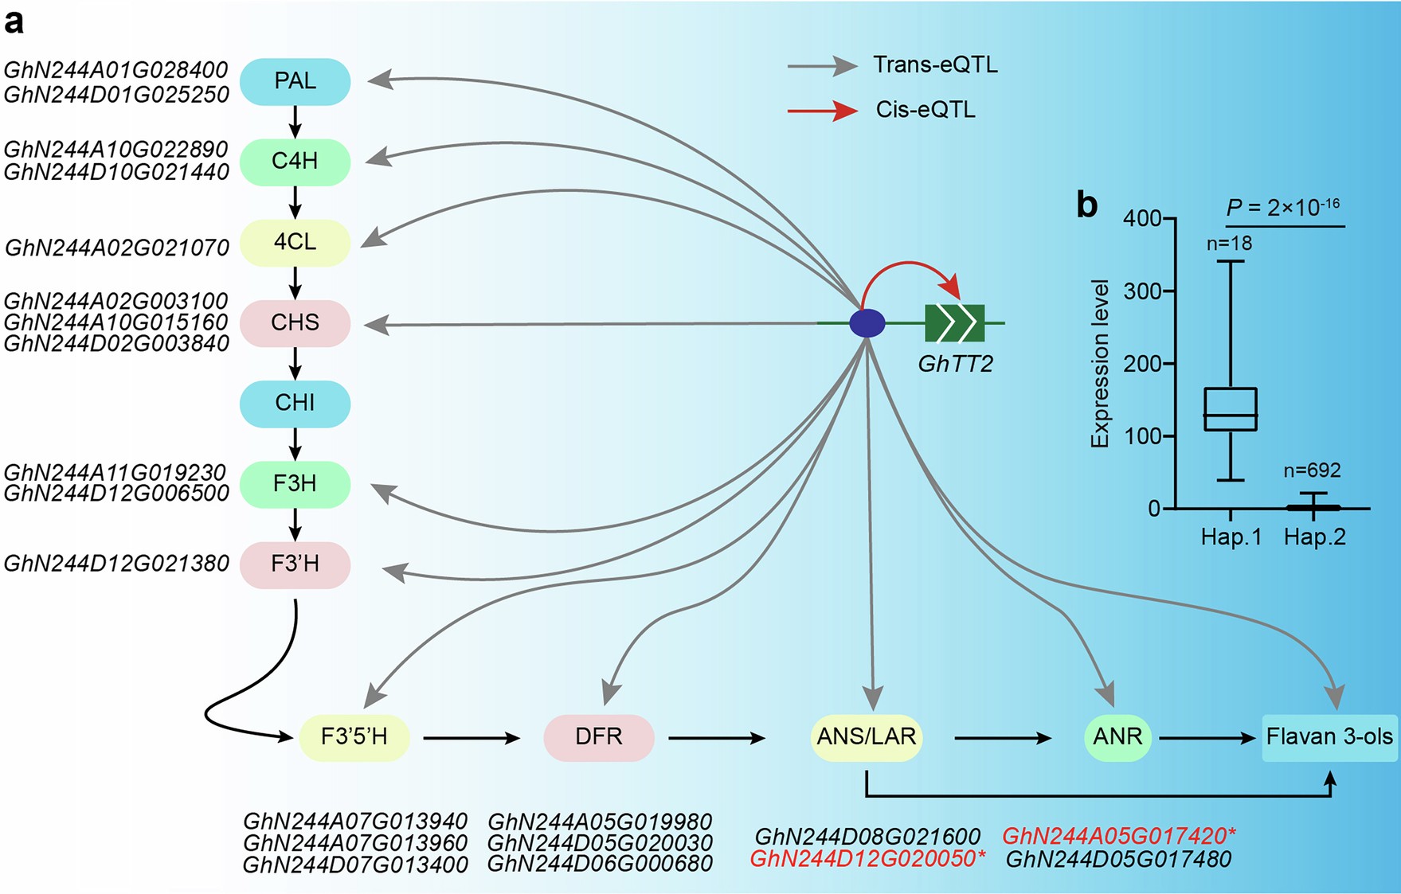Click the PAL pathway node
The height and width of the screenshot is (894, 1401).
[295, 81]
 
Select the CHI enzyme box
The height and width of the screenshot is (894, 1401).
[295, 403]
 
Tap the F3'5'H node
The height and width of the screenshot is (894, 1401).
[354, 737]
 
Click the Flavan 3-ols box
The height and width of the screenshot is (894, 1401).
[1329, 737]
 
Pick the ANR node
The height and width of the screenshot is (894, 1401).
[1117, 737]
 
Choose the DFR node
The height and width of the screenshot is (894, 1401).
[598, 737]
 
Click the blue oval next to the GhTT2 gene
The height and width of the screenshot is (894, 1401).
[867, 323]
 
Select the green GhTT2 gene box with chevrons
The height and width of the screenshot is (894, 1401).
[954, 323]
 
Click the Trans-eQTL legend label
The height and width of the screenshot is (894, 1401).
[935, 64]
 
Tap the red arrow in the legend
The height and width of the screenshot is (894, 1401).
[822, 111]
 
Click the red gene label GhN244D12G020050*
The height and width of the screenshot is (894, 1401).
[867, 859]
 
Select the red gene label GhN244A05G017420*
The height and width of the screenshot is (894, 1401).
[1119, 837]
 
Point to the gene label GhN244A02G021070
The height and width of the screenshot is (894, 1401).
[117, 248]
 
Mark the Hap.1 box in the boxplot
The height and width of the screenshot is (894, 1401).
[1231, 409]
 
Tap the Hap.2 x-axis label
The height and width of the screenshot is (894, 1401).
[1314, 537]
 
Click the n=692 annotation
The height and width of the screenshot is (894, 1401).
[1312, 470]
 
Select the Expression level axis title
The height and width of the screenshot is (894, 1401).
[1100, 364]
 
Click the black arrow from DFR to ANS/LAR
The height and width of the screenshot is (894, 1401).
[716, 738]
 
